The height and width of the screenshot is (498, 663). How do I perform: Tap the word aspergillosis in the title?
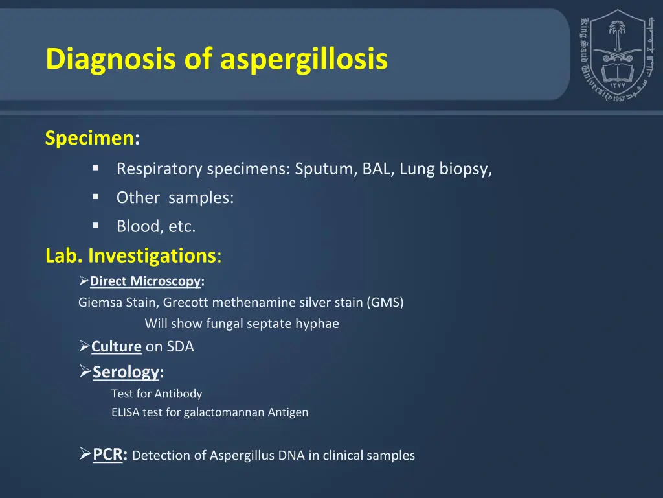[x=304, y=59]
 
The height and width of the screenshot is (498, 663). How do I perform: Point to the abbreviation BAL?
[x=377, y=169]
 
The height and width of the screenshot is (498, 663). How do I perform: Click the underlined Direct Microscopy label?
[x=145, y=281]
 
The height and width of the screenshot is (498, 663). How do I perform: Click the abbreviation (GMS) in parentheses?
[x=385, y=302]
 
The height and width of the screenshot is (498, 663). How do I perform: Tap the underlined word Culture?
[x=117, y=346]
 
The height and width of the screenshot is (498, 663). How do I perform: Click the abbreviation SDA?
[x=180, y=346]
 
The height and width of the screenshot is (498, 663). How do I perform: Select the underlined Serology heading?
[x=126, y=372]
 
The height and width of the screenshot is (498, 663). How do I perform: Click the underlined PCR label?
[x=107, y=455]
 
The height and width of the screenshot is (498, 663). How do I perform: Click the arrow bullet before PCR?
[x=85, y=455]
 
